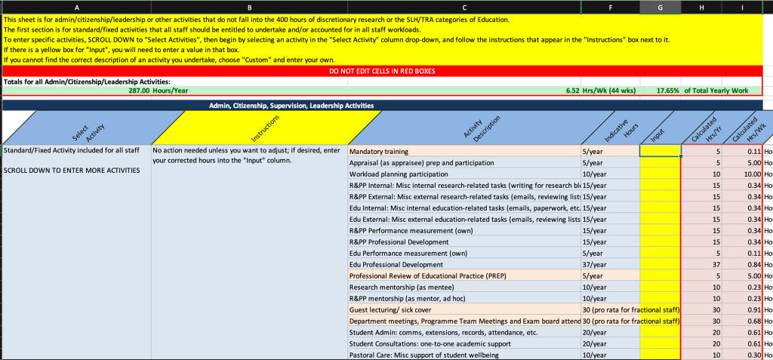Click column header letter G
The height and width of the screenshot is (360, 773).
659,8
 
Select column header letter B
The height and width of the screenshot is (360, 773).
249,8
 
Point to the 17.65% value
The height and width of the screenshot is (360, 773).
667,91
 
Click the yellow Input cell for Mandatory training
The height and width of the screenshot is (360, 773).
659,151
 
